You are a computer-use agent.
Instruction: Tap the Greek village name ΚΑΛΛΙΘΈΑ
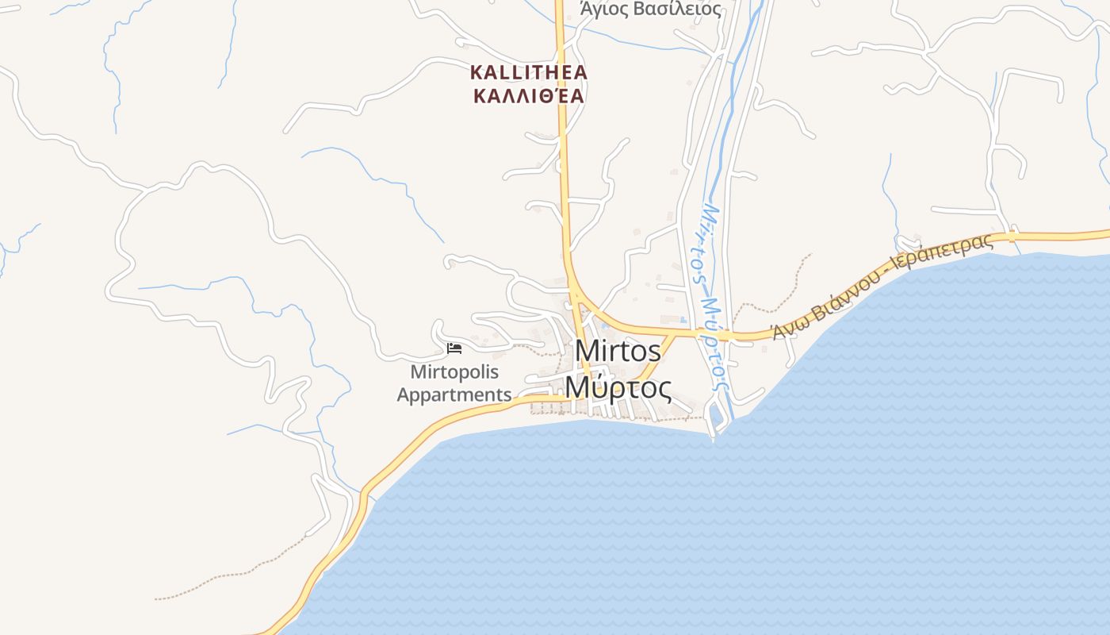528,97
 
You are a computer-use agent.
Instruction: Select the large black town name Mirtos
618,350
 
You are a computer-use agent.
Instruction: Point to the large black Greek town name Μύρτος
618,388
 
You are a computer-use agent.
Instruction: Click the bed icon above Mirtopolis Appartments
454,348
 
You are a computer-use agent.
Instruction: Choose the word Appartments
454,394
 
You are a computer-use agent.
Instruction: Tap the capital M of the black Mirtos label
587,350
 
